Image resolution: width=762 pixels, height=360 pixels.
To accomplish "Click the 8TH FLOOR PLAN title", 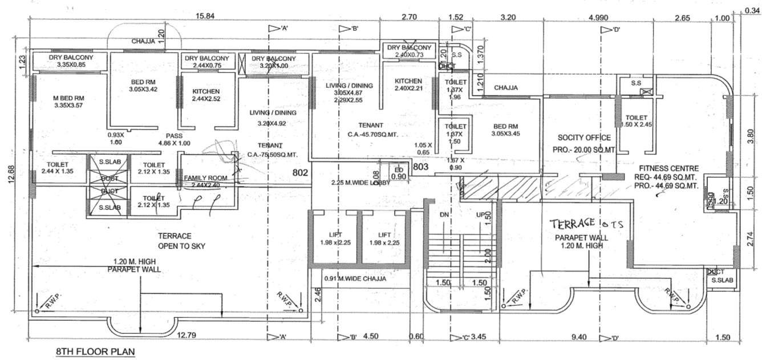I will pos(95,352).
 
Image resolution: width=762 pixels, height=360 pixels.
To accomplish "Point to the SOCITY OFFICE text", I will pos(584,137).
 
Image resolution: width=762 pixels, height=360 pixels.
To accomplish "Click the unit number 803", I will pos(420,167).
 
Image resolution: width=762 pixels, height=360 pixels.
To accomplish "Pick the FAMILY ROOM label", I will pos(205,178).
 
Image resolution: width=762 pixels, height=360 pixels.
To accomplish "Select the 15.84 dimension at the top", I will pos(204,17).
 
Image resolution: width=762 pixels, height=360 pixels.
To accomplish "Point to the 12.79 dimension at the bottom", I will pos(187,336).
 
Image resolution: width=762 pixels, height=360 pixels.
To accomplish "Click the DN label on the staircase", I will pos(445,215).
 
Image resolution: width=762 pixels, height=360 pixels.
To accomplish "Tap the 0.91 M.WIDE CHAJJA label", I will pos(355,279).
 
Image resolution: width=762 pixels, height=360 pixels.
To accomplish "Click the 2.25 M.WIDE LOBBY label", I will pos(360,183).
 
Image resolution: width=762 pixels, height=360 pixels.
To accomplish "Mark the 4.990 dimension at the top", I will pos(597,17).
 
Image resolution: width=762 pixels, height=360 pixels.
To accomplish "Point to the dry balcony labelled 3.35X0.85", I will pos(71,61).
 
